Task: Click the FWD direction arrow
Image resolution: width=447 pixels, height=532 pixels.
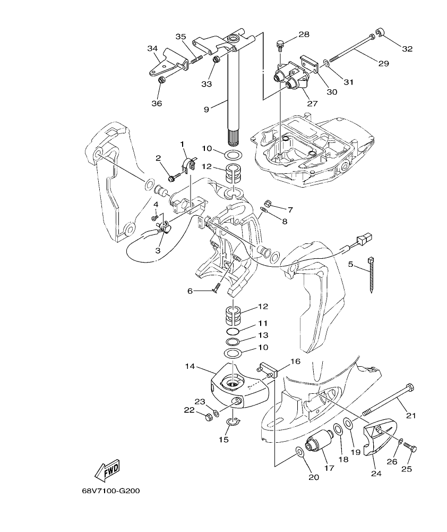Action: (107, 470)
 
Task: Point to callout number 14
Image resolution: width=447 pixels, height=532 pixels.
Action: (190, 367)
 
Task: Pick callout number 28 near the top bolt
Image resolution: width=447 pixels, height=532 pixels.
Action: (304, 35)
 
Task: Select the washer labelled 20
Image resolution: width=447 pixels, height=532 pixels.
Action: (299, 452)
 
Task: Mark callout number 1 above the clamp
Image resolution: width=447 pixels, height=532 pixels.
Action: (182, 144)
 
